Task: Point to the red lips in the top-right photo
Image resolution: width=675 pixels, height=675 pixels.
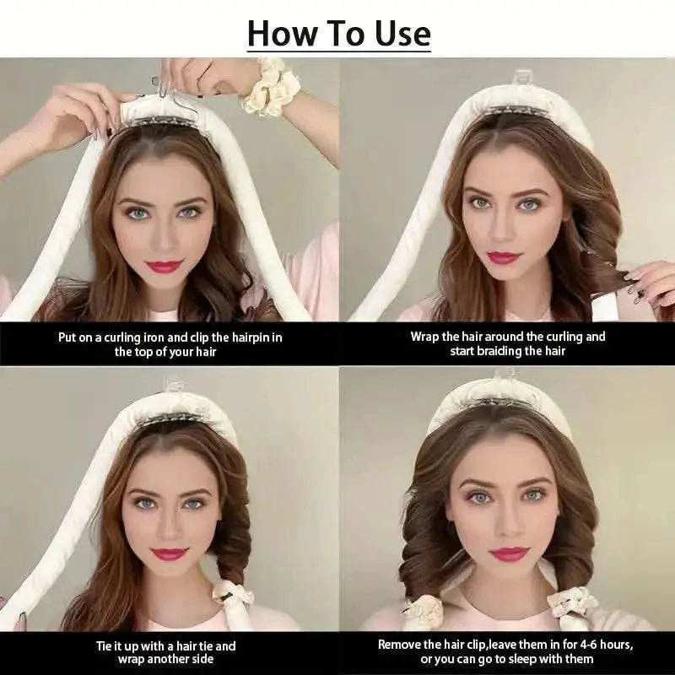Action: pyautogui.click(x=505, y=256)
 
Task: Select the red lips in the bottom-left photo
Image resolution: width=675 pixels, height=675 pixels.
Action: pyautogui.click(x=170, y=554)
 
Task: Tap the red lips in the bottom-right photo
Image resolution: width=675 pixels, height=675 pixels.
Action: pyautogui.click(x=509, y=553)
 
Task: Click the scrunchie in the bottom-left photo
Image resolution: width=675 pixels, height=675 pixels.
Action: pyautogui.click(x=233, y=596)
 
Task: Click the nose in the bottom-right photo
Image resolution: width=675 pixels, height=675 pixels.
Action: pyautogui.click(x=509, y=525)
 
